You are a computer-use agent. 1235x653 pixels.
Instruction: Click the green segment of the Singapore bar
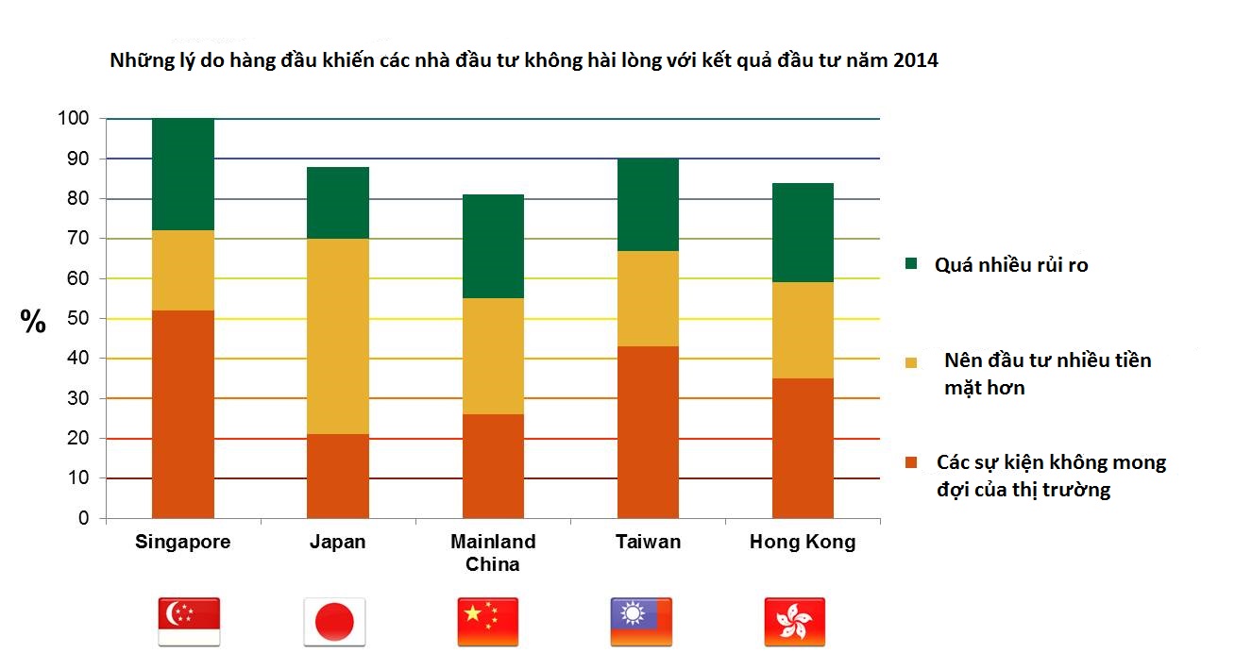183,175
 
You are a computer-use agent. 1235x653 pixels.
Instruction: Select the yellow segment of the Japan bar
338,336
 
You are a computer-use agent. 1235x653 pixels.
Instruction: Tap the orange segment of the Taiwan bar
648,432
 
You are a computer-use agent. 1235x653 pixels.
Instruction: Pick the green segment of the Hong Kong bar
803,232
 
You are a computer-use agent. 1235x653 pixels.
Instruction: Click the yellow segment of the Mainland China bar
493,356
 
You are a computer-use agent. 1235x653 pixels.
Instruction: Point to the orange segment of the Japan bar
338,476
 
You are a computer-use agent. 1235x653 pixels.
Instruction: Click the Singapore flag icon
189,621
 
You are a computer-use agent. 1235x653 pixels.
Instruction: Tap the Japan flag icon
334,621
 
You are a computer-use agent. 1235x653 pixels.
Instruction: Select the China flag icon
488,621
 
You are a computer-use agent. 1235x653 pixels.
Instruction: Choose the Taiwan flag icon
641,621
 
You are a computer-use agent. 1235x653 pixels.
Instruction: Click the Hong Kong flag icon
794,621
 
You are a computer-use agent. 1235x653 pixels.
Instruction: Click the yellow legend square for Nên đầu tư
910,362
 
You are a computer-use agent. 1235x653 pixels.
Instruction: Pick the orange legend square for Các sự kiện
910,463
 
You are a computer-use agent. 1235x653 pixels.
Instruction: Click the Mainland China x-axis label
493,553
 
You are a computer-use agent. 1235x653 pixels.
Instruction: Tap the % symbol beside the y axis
33,323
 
